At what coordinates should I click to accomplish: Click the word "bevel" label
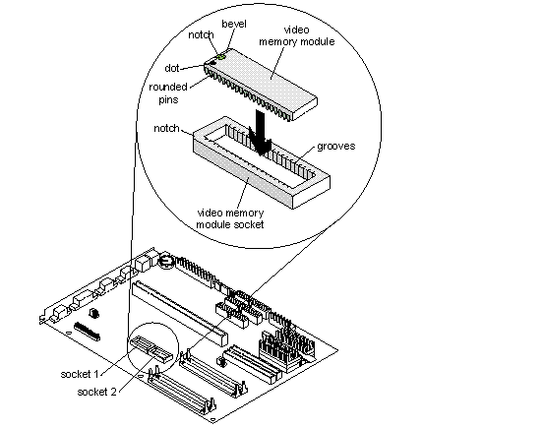click(x=234, y=24)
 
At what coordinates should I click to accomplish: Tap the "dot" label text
click(x=172, y=68)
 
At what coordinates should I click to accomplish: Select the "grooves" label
click(x=335, y=147)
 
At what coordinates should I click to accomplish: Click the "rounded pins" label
click(x=168, y=93)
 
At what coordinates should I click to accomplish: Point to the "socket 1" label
click(x=80, y=374)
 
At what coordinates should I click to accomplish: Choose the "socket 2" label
click(x=96, y=392)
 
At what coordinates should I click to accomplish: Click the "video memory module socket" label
click(x=230, y=218)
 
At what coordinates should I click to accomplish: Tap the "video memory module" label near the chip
click(x=297, y=35)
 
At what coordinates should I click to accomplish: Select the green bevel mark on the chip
click(x=220, y=56)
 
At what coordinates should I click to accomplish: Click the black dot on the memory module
click(x=212, y=63)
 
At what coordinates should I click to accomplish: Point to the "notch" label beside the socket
click(x=166, y=129)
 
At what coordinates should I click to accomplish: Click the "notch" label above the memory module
click(x=201, y=34)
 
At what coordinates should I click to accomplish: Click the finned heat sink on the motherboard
click(x=286, y=347)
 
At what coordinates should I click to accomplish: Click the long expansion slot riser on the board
click(x=180, y=313)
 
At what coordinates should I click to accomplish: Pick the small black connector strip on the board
click(x=87, y=331)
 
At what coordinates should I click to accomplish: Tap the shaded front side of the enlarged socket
click(x=243, y=173)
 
